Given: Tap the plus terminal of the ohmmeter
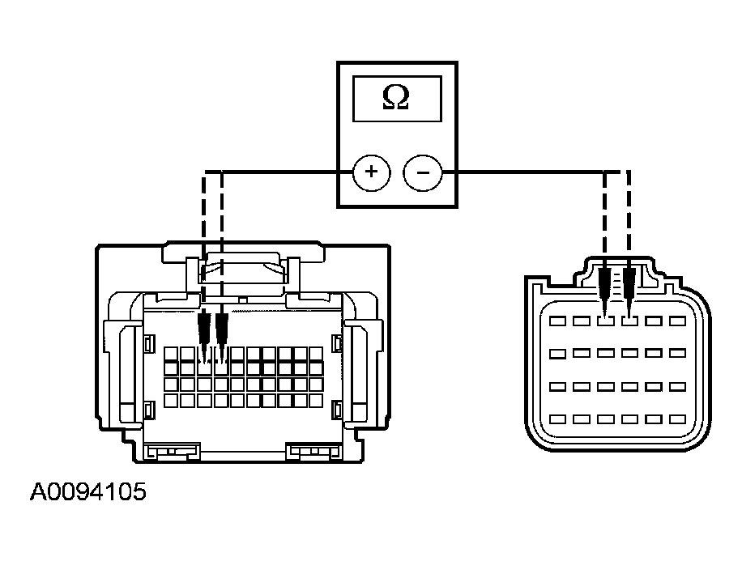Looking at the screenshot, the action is tap(372, 172).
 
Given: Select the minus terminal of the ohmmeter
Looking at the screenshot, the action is tap(423, 172).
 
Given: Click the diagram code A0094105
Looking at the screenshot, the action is tap(88, 492).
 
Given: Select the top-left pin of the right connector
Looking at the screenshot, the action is tap(557, 321).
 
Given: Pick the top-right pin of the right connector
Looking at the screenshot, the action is tap(678, 321).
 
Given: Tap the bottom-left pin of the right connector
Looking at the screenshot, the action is tap(557, 419).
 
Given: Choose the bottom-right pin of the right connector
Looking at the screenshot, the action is tap(678, 419).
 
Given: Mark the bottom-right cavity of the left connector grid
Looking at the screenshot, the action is tap(316, 401).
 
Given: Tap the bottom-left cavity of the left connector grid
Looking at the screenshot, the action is tap(171, 401).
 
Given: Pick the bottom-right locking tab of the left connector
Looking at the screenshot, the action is tap(313, 451).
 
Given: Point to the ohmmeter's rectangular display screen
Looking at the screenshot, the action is tap(397, 99).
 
